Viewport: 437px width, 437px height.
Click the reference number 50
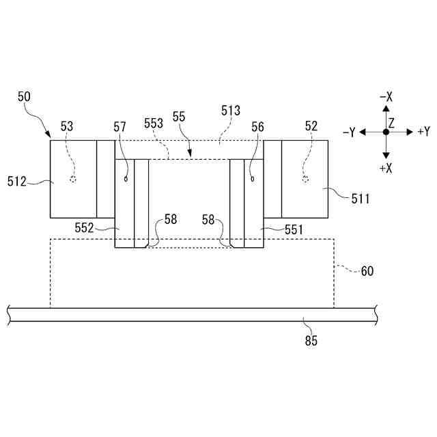[x=24, y=98]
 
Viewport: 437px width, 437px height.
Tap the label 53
[x=67, y=126]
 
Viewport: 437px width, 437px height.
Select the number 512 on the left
[x=16, y=181]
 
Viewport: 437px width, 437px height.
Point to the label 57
[x=120, y=126]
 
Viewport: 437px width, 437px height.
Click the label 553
[x=154, y=123]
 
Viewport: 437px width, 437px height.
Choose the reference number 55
[x=179, y=117]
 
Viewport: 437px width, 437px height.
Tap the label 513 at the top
[x=231, y=109]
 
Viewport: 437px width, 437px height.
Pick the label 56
[x=257, y=126]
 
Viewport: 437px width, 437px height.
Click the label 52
[x=311, y=126]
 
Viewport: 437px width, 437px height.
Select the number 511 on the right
[x=361, y=199]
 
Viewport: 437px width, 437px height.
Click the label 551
[x=294, y=230]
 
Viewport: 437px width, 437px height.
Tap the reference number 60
[x=367, y=271]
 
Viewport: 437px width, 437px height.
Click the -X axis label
[x=386, y=97]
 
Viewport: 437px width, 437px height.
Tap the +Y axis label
[x=423, y=131]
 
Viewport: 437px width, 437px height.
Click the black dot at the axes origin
[x=386, y=132]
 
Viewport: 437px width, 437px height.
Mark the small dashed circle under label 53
[x=72, y=180]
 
